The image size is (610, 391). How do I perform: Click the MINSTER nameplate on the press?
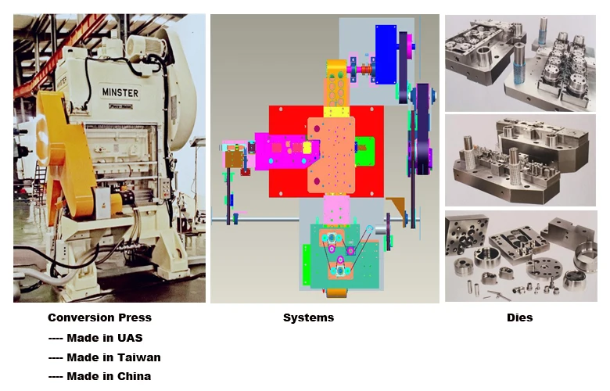120,94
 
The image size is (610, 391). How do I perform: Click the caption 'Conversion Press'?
99,317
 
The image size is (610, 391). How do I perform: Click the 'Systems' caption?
308,317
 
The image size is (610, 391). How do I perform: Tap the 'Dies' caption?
519,317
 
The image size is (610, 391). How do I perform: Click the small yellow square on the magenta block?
307,147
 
